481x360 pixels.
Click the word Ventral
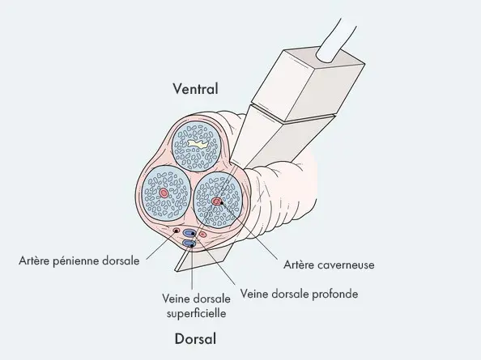coord(196,89)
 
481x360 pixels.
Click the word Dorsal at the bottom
coord(195,339)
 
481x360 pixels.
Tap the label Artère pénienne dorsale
coord(79,260)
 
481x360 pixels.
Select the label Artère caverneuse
coord(329,265)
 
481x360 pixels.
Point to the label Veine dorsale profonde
coord(299,294)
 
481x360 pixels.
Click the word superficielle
coord(196,313)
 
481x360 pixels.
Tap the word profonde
coord(334,294)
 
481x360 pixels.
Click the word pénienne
coord(76,261)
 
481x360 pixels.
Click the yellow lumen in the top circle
coord(198,144)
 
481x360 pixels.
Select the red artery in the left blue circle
coord(164,193)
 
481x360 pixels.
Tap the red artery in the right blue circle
coord(216,201)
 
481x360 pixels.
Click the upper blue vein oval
coord(189,233)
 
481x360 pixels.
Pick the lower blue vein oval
coord(189,244)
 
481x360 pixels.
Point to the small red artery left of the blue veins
coord(177,230)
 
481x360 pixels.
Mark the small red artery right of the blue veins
coord(203,235)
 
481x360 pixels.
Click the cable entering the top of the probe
coord(336,41)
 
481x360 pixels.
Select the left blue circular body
coord(166,192)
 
